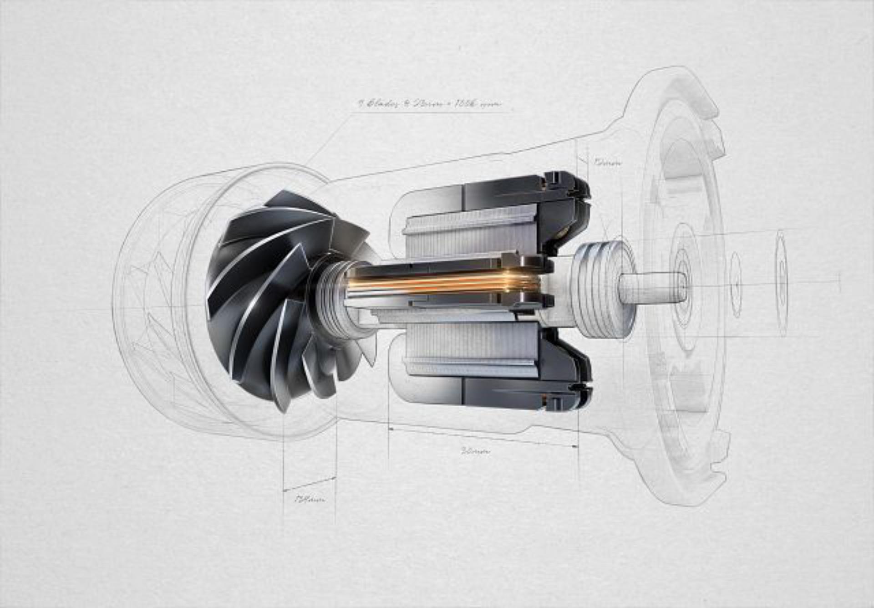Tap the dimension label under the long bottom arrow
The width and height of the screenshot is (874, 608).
click(476, 451)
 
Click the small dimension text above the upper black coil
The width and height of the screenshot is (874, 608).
click(607, 162)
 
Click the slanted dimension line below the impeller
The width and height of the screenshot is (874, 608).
click(310, 484)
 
